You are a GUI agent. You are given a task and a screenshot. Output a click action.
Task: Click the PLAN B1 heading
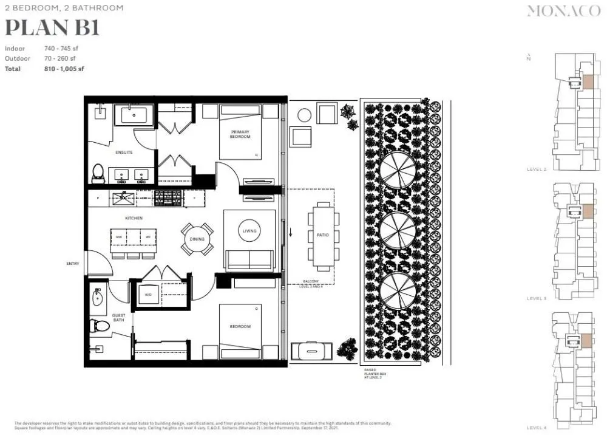pyautogui.click(x=52, y=28)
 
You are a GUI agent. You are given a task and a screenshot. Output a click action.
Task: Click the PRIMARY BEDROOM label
pyautogui.click(x=240, y=134)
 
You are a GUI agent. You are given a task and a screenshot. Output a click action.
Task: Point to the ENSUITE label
pyautogui.click(x=124, y=152)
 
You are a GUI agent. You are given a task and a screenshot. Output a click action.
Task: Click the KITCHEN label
pyautogui.click(x=134, y=217)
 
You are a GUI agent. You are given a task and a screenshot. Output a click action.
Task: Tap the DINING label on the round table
pyautogui.click(x=197, y=239)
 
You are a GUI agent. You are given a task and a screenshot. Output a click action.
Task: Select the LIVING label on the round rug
pyautogui.click(x=249, y=231)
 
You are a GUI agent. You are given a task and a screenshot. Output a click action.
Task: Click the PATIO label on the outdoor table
pyautogui.click(x=322, y=235)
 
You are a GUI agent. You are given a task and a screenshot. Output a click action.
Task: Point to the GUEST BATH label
pyautogui.click(x=118, y=317)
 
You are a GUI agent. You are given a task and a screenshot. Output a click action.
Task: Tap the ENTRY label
pyautogui.click(x=73, y=264)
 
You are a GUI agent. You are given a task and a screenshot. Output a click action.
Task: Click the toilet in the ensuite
pyautogui.click(x=98, y=174)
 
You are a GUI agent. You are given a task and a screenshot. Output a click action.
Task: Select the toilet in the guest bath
pyautogui.click(x=99, y=326)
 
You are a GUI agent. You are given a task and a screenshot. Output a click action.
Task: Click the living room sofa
pyautogui.click(x=249, y=259)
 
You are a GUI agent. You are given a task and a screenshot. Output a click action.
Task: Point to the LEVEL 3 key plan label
pyautogui.click(x=537, y=298)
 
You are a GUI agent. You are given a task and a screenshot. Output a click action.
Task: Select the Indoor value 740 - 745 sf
pyautogui.click(x=61, y=49)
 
